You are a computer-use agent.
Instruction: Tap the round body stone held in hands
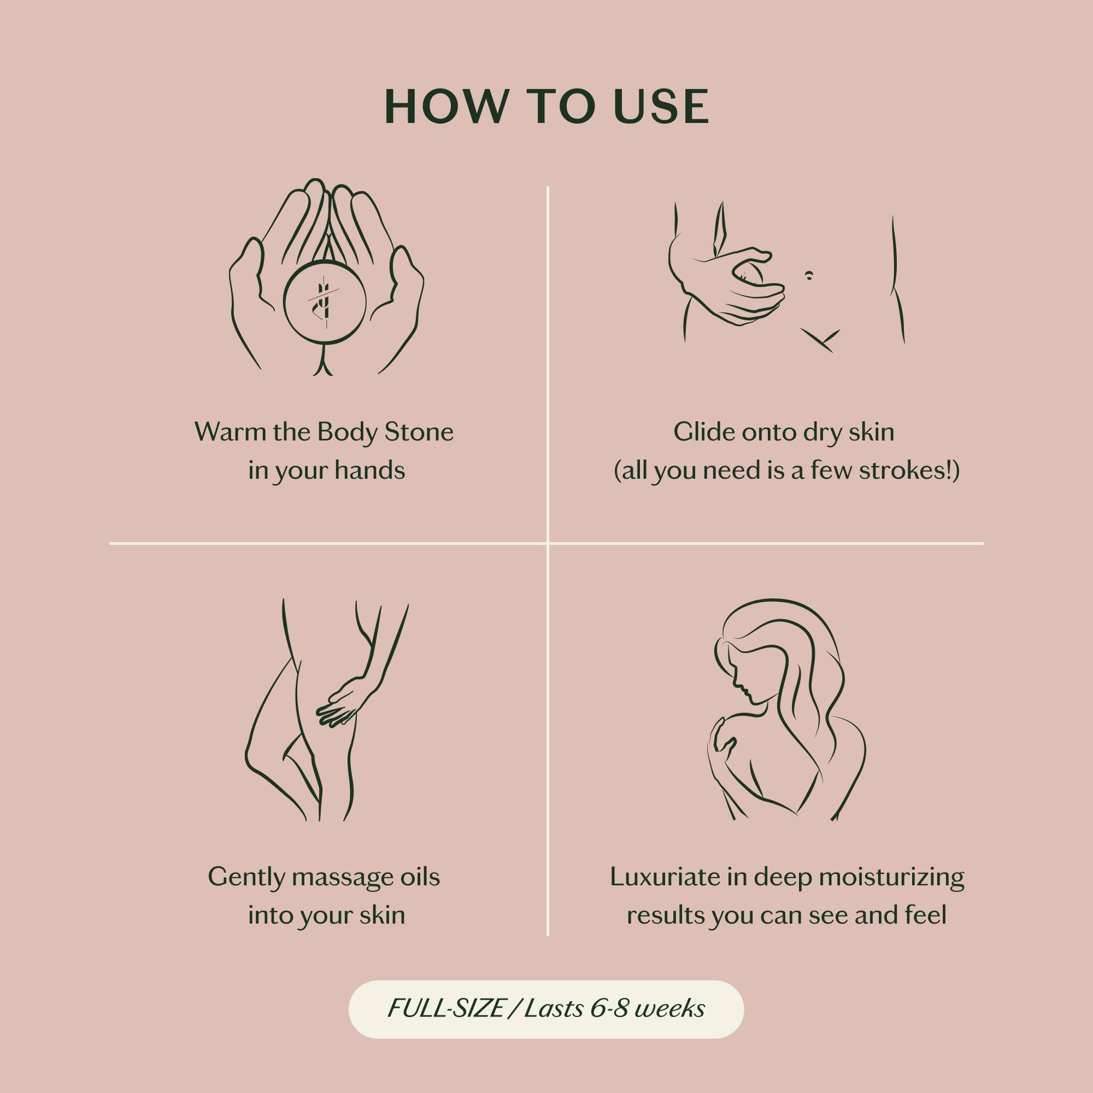324,302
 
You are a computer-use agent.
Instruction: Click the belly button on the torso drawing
809,275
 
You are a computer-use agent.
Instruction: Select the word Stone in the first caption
419,432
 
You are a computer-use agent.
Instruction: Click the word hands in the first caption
370,470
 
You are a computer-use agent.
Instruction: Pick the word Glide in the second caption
704,432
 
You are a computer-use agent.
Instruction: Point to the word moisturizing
891,878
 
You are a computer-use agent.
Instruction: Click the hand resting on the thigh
343,703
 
